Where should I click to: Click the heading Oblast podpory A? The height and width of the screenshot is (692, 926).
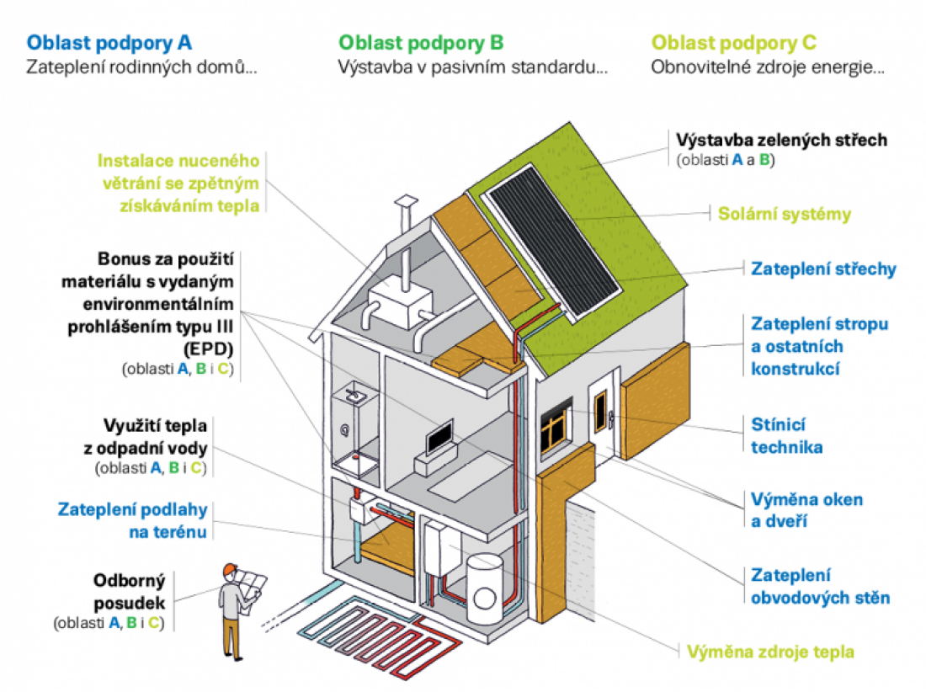point(109,42)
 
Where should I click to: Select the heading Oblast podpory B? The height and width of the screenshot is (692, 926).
point(421,42)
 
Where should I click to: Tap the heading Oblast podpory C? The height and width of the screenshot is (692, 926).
point(734,42)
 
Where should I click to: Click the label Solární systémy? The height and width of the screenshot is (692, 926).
point(784,214)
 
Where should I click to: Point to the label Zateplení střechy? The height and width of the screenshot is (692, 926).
point(822,269)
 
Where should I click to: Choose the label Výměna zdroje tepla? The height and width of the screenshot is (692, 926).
point(769,652)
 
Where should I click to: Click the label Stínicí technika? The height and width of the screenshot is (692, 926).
point(786,435)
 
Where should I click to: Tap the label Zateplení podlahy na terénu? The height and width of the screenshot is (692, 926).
point(132,520)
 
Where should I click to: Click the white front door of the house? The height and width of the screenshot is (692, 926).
point(603,415)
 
